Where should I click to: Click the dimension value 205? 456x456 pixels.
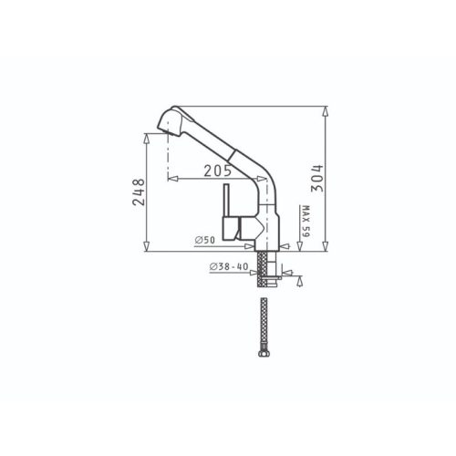click(x=216, y=171)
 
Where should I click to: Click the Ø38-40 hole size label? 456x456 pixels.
click(x=229, y=266)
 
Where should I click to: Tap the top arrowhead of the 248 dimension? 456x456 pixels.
click(x=145, y=133)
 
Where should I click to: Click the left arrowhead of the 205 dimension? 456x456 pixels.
click(x=171, y=179)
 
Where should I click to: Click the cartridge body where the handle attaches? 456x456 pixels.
click(x=243, y=227)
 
